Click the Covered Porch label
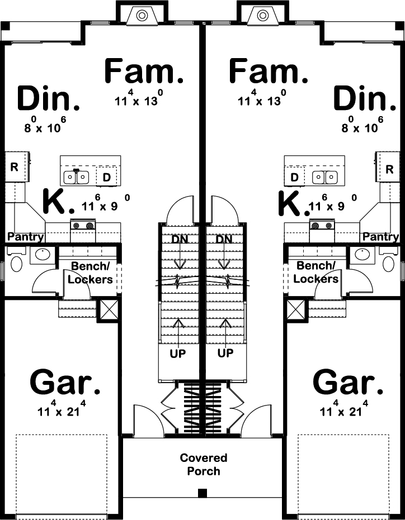(204, 464)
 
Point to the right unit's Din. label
(364, 99)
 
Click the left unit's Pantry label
(26, 237)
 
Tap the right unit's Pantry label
(380, 237)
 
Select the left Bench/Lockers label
(90, 273)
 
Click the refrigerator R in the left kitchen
(14, 167)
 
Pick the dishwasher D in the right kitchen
(294, 178)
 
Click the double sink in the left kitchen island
(76, 177)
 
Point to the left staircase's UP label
(178, 354)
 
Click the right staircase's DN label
(224, 240)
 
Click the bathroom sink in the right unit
(363, 255)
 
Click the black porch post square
(202, 493)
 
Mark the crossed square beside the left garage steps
(106, 308)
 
